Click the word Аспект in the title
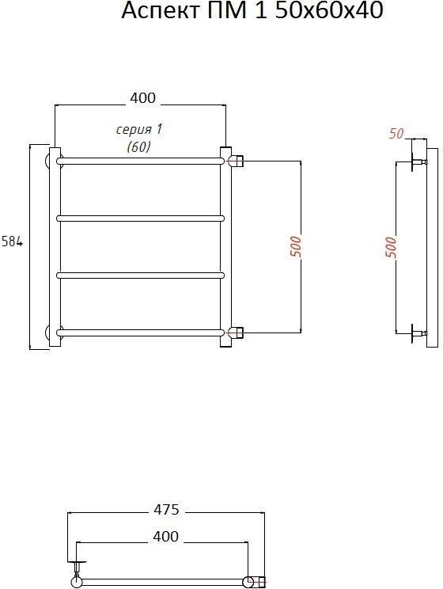pyautogui.click(x=161, y=10)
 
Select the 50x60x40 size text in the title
pyautogui.click(x=329, y=10)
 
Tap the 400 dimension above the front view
pyautogui.click(x=142, y=97)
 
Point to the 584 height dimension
pyautogui.click(x=12, y=241)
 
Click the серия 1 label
pyautogui.click(x=139, y=130)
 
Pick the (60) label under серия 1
pyautogui.click(x=139, y=146)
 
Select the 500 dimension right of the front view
pyautogui.click(x=296, y=247)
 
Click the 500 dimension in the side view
pyautogui.click(x=391, y=247)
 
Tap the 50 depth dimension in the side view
pyautogui.click(x=396, y=133)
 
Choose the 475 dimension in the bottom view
pyautogui.click(x=167, y=510)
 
